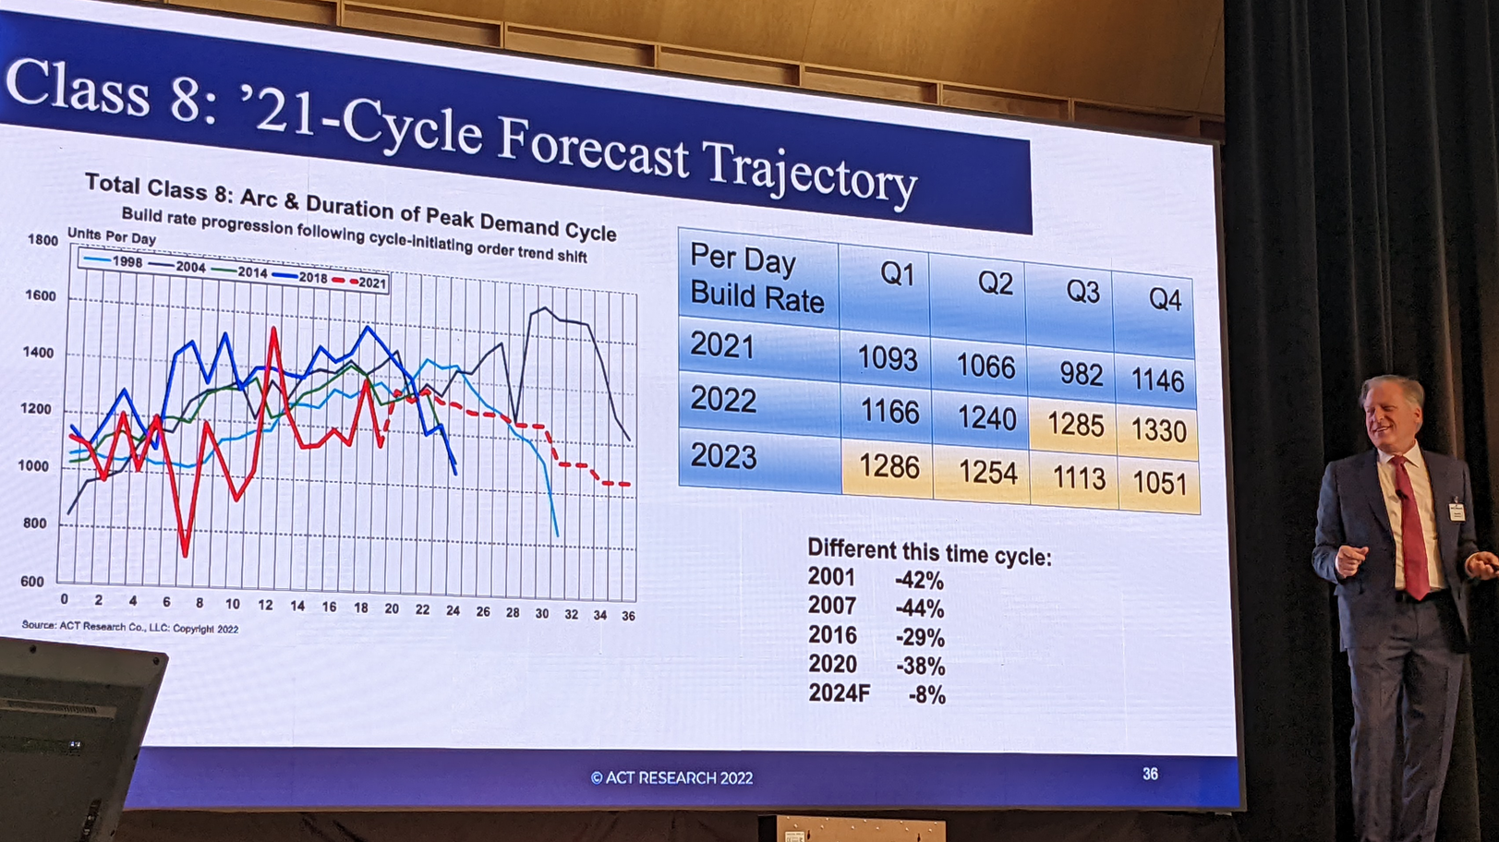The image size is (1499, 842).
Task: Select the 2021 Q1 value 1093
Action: click(888, 358)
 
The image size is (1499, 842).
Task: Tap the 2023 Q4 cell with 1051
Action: click(1159, 483)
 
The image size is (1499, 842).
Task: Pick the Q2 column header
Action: click(996, 283)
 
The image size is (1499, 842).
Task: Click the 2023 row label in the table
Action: click(723, 456)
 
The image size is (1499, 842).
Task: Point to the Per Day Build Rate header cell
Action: click(756, 279)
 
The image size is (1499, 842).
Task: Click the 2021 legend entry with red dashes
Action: click(361, 283)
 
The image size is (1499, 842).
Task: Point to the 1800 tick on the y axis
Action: click(42, 240)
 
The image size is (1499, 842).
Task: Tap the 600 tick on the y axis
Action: click(32, 582)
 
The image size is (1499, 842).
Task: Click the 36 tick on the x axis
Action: click(628, 616)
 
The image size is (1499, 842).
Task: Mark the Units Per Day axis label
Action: click(111, 237)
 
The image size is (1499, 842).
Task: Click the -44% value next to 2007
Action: click(920, 609)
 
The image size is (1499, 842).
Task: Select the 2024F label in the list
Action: click(839, 693)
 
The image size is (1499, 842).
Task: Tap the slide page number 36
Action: click(1150, 774)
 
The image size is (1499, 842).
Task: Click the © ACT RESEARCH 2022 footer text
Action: click(671, 778)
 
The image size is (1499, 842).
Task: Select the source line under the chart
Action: click(130, 627)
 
